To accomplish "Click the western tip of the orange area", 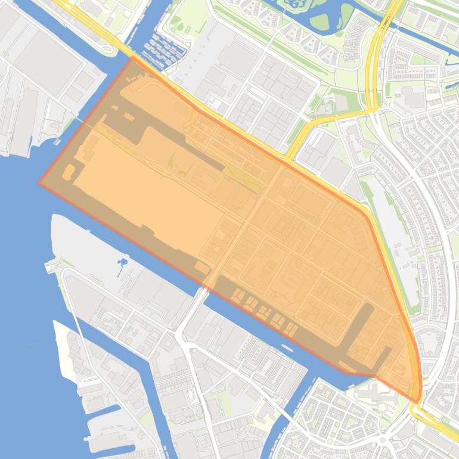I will [39, 183].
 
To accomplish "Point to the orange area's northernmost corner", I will [132, 57].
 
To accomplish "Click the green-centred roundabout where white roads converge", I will [382, 441].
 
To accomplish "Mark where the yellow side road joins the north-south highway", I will [373, 110].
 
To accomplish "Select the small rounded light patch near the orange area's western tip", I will [69, 173].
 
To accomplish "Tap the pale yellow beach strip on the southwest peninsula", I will [66, 352].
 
